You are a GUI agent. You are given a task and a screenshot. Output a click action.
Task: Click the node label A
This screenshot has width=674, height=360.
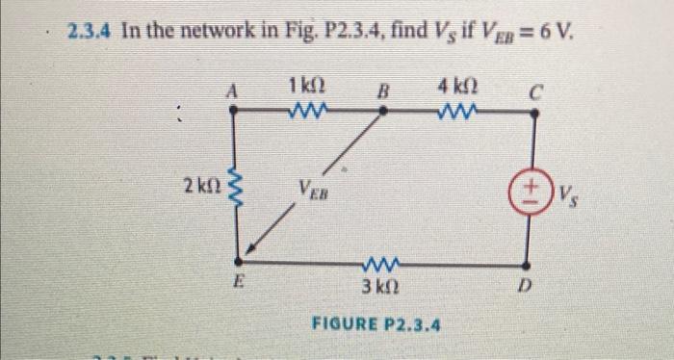pos(231,90)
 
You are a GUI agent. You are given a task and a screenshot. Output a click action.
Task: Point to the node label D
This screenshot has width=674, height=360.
pos(526,285)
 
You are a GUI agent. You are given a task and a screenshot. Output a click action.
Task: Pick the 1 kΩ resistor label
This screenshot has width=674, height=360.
pos(305,88)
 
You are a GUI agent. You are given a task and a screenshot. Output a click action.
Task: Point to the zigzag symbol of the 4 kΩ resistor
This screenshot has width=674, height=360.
pos(454,110)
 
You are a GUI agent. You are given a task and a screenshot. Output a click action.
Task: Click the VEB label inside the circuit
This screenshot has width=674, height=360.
pos(312,188)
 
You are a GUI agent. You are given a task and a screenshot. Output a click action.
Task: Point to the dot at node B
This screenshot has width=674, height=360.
pos(383,111)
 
